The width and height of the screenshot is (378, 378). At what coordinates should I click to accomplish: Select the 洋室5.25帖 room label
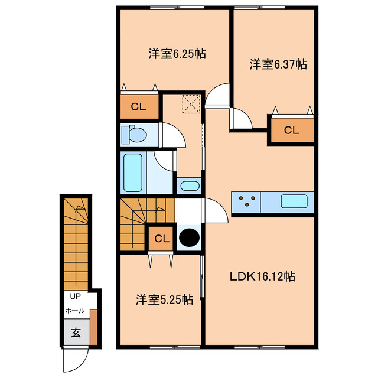point(164,299)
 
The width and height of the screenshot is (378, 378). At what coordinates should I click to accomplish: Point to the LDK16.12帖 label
point(263,276)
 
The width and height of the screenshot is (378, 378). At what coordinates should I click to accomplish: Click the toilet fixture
point(133,135)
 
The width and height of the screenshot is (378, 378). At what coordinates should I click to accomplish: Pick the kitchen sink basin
point(293,201)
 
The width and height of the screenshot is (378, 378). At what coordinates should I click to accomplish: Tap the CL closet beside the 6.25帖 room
point(139,107)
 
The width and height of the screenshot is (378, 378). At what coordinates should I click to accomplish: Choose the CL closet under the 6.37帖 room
point(292,131)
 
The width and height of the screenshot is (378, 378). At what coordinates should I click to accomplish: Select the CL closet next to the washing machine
point(161,239)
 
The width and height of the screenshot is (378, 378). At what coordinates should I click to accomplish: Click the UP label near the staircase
point(75,296)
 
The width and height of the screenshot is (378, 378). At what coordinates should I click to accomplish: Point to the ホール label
point(74,311)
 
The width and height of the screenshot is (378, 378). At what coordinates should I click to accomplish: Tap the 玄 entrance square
point(76,333)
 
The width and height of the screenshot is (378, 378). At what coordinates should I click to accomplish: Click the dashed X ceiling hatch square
point(191,105)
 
